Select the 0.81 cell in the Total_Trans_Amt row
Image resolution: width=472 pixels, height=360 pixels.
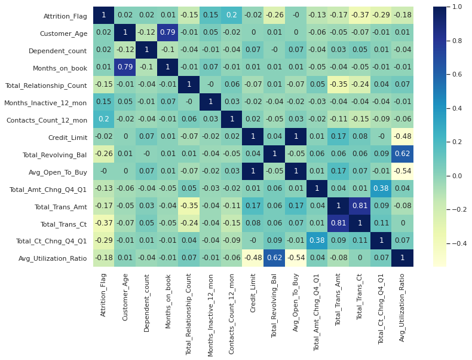[x=359, y=206]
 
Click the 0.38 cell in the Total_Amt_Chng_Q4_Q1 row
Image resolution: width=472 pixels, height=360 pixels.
[x=381, y=188]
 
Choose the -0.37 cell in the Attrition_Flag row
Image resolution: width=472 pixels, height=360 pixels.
[x=359, y=15]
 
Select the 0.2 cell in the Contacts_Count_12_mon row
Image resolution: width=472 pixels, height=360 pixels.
[x=103, y=119]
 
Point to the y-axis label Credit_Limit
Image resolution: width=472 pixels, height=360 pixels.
[x=68, y=136]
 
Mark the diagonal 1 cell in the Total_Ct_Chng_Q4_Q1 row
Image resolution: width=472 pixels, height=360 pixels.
[x=381, y=240]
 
